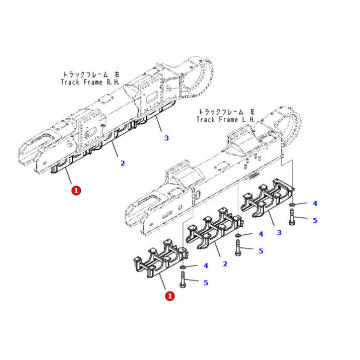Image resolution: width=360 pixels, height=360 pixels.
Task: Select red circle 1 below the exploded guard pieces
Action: [169, 296]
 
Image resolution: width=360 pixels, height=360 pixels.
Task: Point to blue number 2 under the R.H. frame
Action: [121, 161]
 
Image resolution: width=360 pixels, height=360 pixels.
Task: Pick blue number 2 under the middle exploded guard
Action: [225, 266]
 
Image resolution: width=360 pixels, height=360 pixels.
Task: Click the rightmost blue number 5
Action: [317, 220]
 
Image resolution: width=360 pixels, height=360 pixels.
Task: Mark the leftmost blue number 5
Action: [206, 283]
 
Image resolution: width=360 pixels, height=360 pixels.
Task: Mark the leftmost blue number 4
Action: [206, 266]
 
